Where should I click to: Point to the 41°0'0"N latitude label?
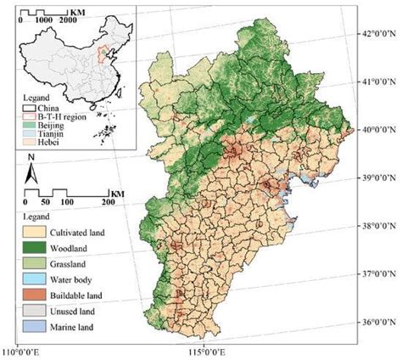[x=379, y=82]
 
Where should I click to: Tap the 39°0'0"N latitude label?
[x=379, y=179]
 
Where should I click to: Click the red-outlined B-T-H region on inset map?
[x=103, y=57]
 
